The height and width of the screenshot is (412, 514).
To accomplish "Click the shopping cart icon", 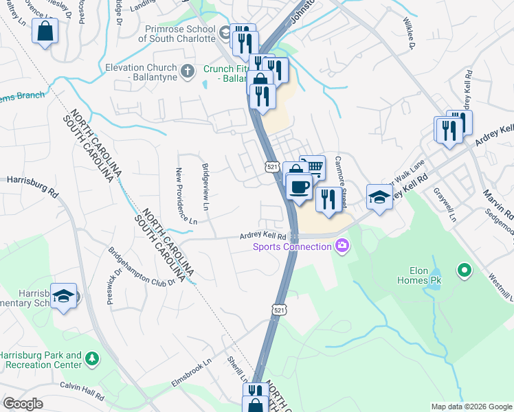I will pyautogui.click(x=313, y=166).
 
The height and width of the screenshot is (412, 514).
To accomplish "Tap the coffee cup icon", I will pyautogui.click(x=298, y=186).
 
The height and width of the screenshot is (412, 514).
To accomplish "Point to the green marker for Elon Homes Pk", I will pyautogui.click(x=465, y=270).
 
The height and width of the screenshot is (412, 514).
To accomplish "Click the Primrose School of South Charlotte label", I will pyautogui.click(x=177, y=34).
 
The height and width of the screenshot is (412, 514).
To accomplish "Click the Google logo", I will pyautogui.click(x=23, y=404).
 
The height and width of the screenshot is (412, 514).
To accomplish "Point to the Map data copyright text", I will pyautogui.click(x=471, y=407).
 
